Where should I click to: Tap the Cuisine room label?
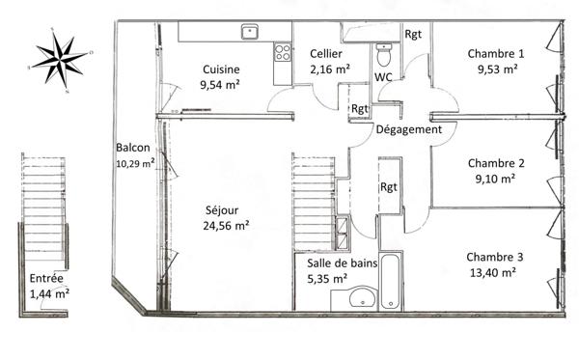coord(221,69)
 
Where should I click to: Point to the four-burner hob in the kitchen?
coord(282,51)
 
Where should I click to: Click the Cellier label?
coord(326,54)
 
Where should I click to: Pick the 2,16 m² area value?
coord(326,69)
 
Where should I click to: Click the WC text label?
coord(382,76)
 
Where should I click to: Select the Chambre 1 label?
coord(495,54)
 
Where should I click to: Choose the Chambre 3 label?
coord(495,257)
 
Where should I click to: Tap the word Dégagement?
coord(408,129)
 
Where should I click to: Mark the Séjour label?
coord(222,209)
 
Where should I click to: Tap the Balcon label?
coord(132,148)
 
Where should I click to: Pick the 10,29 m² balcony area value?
coord(135,163)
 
